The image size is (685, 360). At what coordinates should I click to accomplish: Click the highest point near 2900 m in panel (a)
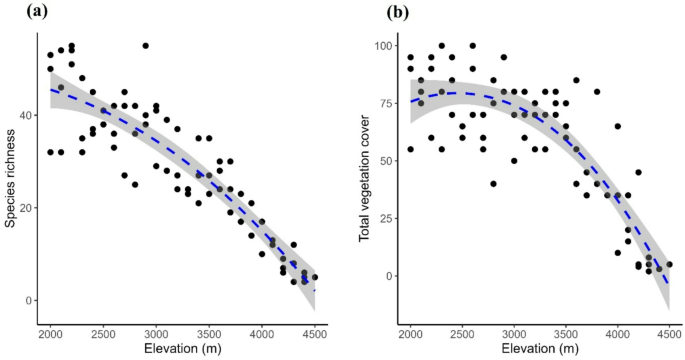pos(145,46)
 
